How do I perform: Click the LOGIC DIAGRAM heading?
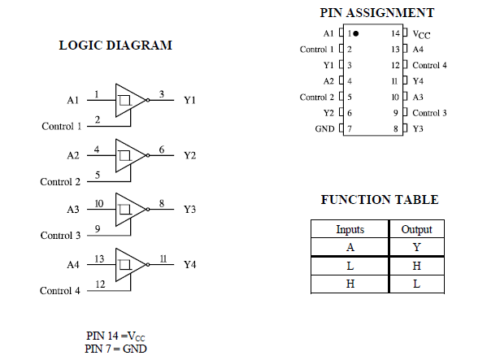coord(115,46)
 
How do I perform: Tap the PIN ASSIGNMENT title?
coord(377,13)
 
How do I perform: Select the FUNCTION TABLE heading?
coord(380,200)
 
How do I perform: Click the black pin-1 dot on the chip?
coord(356,33)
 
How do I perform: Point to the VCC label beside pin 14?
coord(421,34)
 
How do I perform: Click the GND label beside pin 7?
coord(324,128)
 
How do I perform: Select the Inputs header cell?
coord(350,229)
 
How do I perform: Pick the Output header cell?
coord(416,229)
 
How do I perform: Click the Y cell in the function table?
coord(416,247)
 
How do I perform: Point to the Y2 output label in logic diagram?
coord(189,155)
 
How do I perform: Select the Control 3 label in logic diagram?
coord(60,236)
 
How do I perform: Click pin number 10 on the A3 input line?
coord(99,204)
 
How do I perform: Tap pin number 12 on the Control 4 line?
coord(100,284)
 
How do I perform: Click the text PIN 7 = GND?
coord(115,349)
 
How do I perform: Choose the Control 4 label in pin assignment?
coord(429,66)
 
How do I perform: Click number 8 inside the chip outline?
coord(396,128)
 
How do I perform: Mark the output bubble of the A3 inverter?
coord(148,210)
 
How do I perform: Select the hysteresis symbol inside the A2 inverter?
coord(125,155)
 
